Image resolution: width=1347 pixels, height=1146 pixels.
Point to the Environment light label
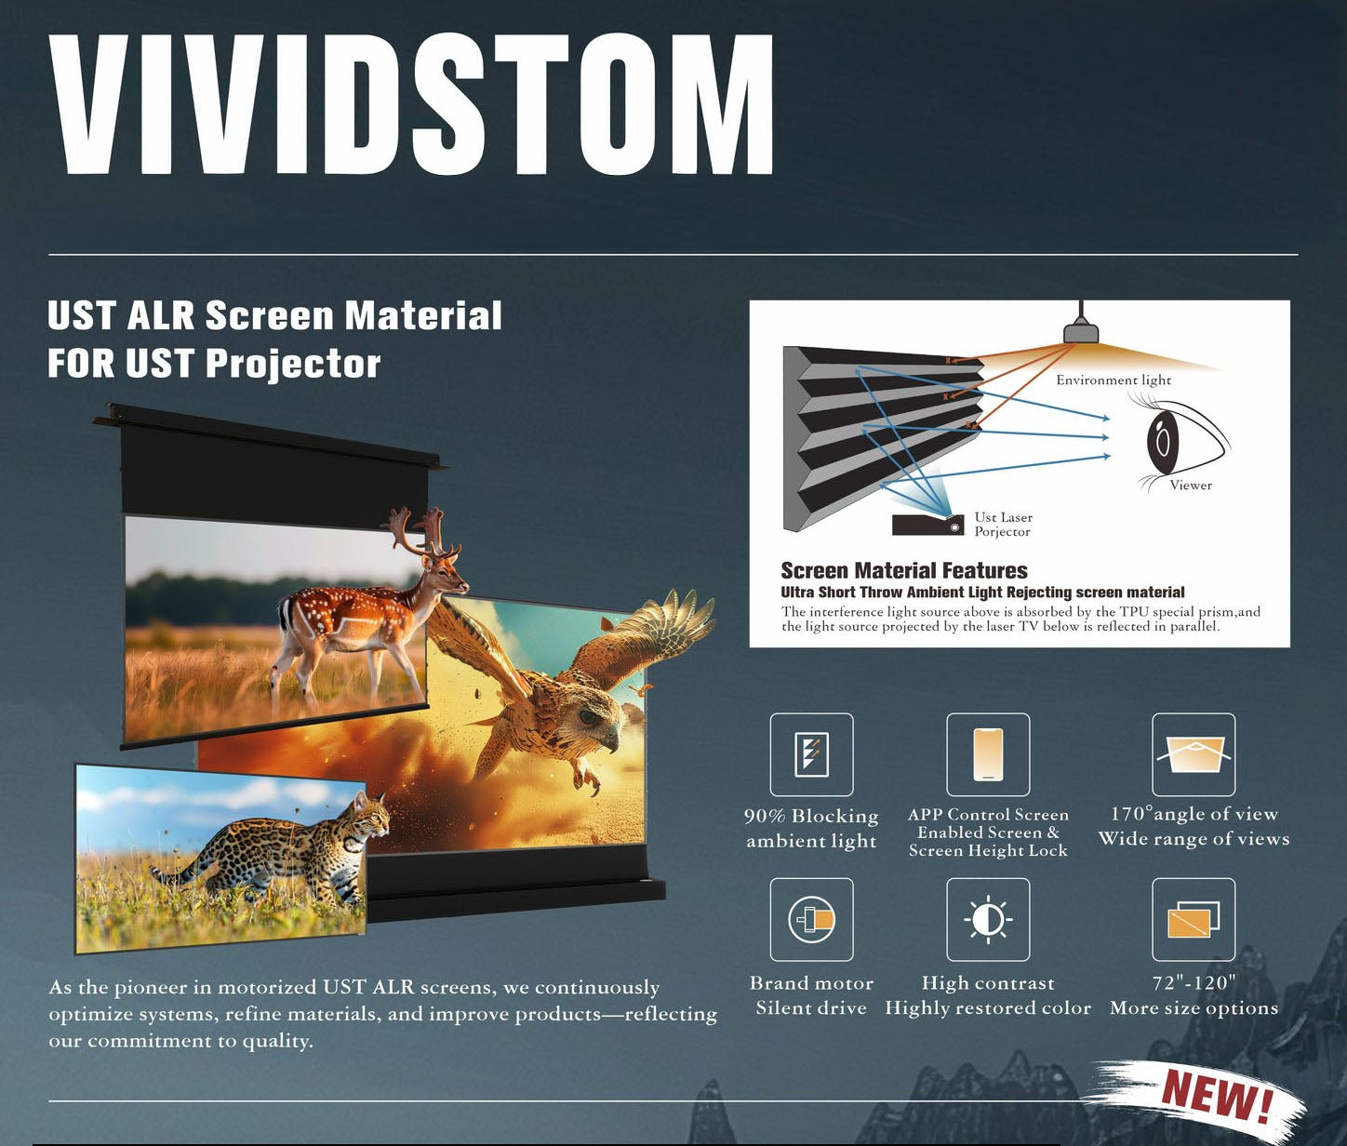tap(1113, 380)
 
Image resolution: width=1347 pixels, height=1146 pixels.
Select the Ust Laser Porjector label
tap(1003, 524)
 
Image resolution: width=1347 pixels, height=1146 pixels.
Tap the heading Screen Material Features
tap(903, 570)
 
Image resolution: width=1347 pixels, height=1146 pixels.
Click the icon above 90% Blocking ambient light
tap(811, 754)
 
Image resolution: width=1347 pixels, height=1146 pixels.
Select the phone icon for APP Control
tap(988, 754)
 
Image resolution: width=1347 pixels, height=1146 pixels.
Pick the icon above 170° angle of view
tap(1194, 754)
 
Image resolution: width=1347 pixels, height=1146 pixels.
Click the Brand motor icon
tap(811, 919)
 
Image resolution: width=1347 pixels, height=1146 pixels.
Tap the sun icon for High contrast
tap(988, 919)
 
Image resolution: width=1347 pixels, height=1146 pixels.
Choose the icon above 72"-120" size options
tap(1194, 919)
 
